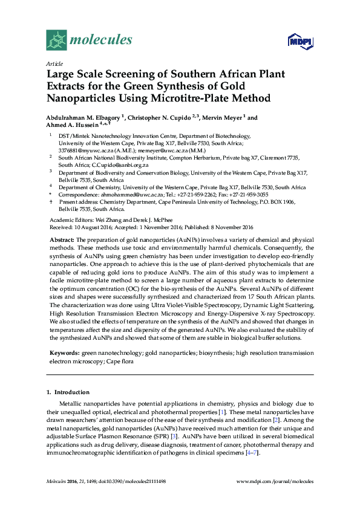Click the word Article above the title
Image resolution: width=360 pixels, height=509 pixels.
tap(54, 63)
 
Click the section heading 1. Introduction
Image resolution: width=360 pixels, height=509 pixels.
tap(68, 392)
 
